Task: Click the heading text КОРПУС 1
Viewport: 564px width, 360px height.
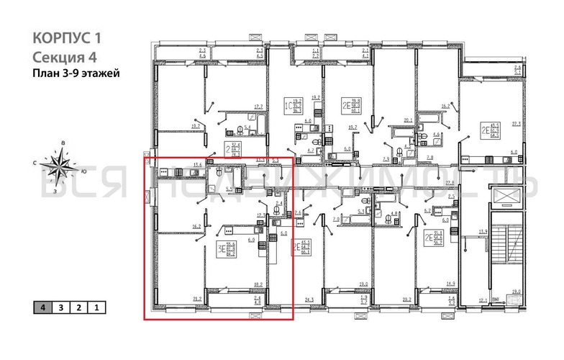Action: pyautogui.click(x=67, y=38)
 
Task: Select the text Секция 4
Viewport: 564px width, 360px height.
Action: pyautogui.click(x=64, y=57)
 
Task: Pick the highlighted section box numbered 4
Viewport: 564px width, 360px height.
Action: pyautogui.click(x=45, y=308)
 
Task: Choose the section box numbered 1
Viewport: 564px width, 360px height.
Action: pyautogui.click(x=96, y=308)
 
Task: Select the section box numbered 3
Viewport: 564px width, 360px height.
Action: pyautogui.click(x=62, y=308)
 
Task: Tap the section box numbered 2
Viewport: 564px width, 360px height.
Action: pyautogui.click(x=79, y=308)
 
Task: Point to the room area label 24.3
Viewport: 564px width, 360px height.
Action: pyautogui.click(x=310, y=298)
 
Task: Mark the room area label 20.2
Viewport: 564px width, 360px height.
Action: pyautogui.click(x=406, y=298)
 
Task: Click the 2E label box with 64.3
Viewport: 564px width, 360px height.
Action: pyautogui.click(x=489, y=130)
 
